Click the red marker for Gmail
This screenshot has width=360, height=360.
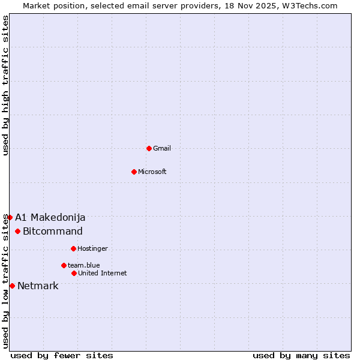point(149,148)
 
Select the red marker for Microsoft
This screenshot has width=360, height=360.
point(134,172)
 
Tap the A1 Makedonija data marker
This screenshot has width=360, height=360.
point(10,217)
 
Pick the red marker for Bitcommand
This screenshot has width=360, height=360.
point(17,232)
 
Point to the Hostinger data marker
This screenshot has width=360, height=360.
point(73,248)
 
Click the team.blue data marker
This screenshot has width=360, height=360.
point(64,265)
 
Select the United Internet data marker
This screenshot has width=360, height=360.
point(74,273)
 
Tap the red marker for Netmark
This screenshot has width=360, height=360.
point(12,286)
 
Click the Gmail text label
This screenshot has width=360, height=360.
point(162,148)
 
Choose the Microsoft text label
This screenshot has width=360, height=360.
point(152,172)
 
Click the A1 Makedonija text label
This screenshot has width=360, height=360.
point(50,217)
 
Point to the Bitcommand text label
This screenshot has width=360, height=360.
point(53,232)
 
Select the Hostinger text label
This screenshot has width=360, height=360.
point(92,248)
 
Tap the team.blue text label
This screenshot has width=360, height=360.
point(84,265)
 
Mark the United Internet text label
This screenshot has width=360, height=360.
point(103,273)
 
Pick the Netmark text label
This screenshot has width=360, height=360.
point(38,286)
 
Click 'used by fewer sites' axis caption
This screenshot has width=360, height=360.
point(62,355)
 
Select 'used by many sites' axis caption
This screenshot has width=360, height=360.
point(301,355)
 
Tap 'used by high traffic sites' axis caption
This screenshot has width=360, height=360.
point(5,85)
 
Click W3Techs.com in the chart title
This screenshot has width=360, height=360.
point(308,5)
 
